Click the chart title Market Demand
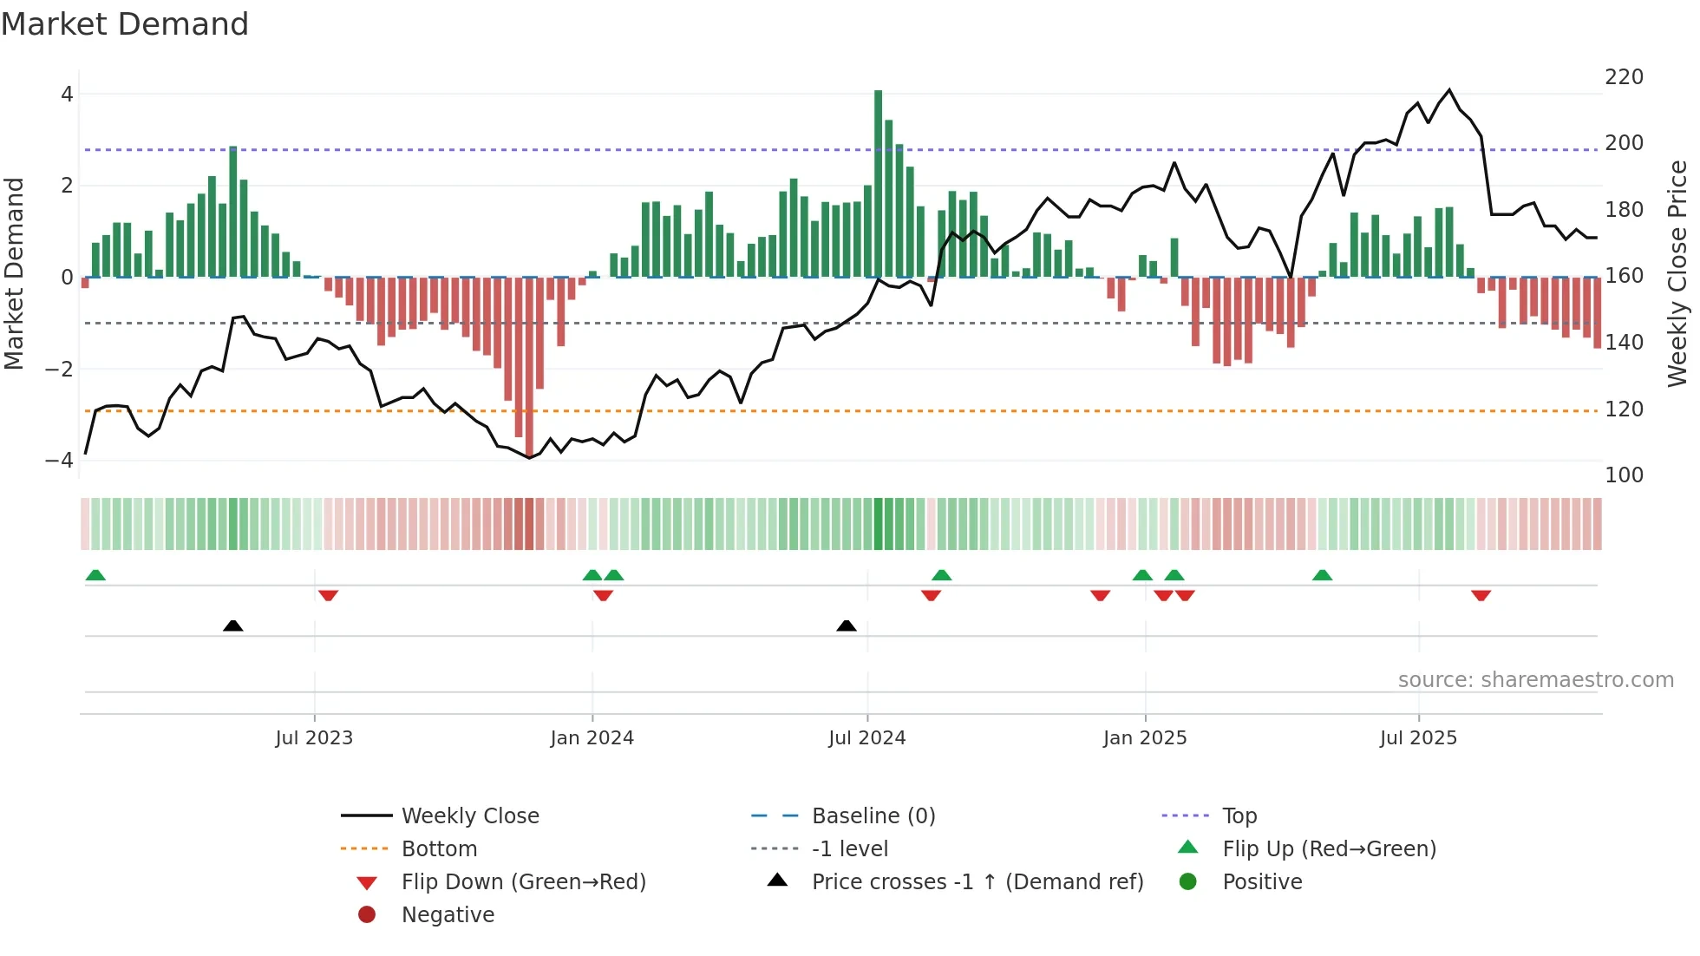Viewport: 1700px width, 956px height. click(x=125, y=24)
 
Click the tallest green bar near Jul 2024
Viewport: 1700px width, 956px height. click(x=878, y=182)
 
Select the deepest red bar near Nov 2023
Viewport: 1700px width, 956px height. click(x=529, y=364)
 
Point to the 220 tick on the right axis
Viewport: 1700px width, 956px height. click(x=1624, y=77)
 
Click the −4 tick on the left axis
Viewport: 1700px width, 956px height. click(x=60, y=461)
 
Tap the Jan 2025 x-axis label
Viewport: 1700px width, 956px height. click(x=1145, y=738)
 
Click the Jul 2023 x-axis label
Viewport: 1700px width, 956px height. click(x=314, y=738)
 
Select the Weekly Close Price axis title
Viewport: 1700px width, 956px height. click(x=1677, y=273)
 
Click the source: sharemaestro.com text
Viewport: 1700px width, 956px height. click(x=1535, y=680)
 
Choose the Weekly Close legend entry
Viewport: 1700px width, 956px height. click(x=469, y=816)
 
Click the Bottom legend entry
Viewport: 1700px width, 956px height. click(x=439, y=849)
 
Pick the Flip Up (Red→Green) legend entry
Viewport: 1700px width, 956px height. click(x=1329, y=849)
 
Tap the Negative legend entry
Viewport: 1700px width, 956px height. click(x=448, y=915)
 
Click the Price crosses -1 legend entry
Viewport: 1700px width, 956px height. click(x=977, y=882)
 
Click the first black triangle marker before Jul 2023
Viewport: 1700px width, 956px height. click(x=232, y=625)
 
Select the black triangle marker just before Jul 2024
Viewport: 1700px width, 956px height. click(x=847, y=625)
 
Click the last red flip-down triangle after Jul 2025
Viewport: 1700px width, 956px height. click(x=1481, y=595)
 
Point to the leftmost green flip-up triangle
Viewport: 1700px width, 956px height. click(x=95, y=575)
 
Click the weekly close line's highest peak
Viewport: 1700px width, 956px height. click(x=1449, y=90)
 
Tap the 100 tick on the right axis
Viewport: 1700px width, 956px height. click(x=1624, y=475)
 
